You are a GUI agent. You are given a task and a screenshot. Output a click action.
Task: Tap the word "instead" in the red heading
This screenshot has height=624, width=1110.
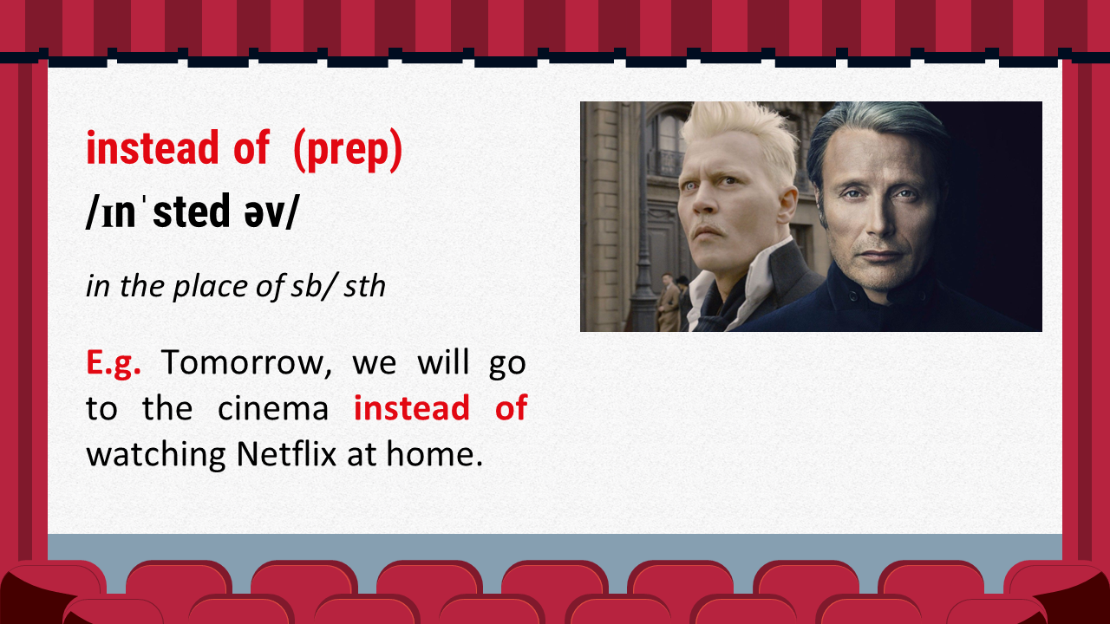152,147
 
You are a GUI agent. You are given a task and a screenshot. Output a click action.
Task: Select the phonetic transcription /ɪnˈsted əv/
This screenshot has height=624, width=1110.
193,211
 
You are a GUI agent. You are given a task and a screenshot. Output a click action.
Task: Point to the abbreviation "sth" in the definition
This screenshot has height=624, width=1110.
364,286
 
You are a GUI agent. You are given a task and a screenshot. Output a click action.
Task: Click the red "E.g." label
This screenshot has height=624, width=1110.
114,363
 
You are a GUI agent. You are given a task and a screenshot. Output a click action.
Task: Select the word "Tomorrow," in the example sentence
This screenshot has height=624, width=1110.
246,363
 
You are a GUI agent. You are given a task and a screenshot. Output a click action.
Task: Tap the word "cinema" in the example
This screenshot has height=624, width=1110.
273,408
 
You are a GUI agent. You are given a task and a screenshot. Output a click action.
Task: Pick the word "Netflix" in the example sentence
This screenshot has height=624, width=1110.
286,453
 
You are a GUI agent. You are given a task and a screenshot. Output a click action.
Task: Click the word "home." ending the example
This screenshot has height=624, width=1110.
434,453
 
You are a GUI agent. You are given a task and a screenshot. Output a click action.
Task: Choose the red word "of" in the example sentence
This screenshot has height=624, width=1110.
511,408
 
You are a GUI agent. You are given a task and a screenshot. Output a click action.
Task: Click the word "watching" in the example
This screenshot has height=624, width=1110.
155,456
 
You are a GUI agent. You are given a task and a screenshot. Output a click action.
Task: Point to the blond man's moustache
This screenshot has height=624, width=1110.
708,231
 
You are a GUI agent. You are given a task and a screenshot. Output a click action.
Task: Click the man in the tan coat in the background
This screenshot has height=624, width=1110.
668,302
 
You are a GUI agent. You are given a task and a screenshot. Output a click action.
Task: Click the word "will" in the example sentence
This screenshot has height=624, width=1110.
443,362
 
